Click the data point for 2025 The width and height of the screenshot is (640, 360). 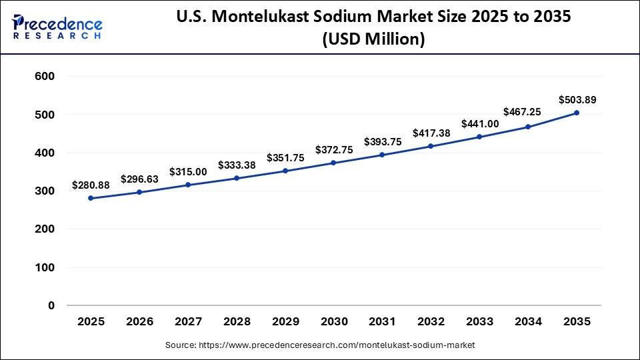click(91, 198)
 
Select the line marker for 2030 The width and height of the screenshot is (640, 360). click(333, 163)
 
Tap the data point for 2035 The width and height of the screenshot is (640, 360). click(577, 113)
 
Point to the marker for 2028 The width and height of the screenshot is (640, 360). click(237, 178)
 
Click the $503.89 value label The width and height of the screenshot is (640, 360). click(577, 100)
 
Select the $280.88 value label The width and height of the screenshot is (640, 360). click(91, 185)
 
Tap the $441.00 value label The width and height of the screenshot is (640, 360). click(480, 124)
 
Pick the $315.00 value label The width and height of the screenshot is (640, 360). click(188, 171)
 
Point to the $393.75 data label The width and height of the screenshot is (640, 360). click(383, 141)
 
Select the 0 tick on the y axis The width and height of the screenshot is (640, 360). click(51, 305)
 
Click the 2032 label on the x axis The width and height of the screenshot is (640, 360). click(431, 321)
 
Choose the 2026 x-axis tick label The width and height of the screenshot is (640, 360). click(139, 321)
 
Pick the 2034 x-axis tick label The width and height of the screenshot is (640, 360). click(529, 321)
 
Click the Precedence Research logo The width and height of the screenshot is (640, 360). click(57, 27)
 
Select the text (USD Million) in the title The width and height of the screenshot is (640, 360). click(373, 39)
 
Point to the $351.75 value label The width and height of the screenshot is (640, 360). click(285, 157)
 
